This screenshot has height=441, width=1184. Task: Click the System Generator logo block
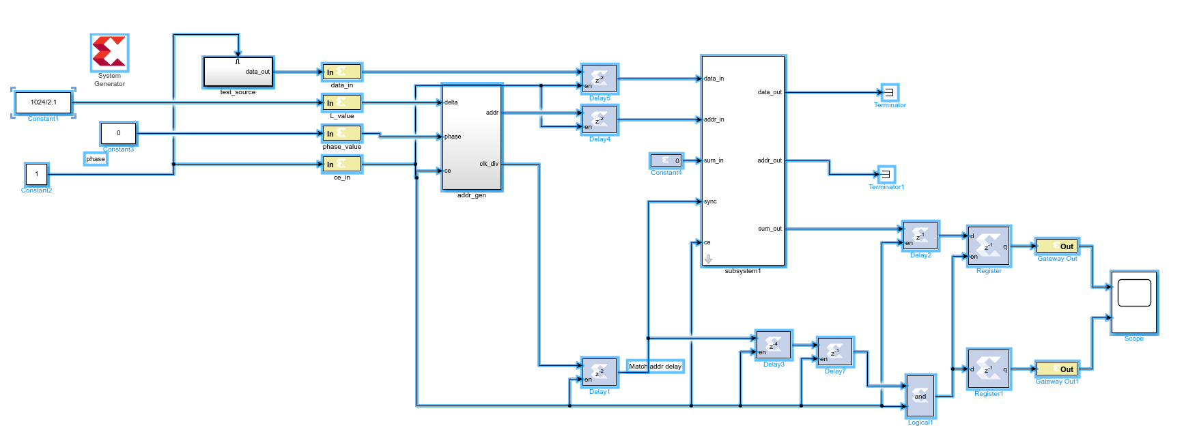[109, 53]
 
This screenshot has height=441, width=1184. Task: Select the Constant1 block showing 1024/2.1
[44, 102]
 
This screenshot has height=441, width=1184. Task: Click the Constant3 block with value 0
[118, 133]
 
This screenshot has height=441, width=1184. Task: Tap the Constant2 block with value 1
[37, 174]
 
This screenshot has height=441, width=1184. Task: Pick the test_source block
[238, 72]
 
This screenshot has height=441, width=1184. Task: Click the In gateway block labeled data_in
[342, 72]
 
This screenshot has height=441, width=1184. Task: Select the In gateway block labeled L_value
[342, 102]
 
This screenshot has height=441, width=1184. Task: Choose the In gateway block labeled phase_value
[342, 133]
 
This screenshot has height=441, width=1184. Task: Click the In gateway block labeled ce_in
[342, 164]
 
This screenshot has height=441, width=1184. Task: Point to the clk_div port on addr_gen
[489, 164]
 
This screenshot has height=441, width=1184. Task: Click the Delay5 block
[600, 79]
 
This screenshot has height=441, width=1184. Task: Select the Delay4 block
[600, 119]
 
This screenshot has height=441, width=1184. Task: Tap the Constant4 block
[666, 160]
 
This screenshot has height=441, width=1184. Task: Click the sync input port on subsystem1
[710, 201]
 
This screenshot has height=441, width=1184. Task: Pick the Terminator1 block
[886, 174]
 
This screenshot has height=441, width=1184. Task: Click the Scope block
[1134, 302]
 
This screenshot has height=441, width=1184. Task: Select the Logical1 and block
[920, 396]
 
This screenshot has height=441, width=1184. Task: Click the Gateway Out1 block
[1057, 369]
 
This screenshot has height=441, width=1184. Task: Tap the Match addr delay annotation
[656, 367]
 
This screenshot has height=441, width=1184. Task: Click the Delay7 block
[835, 352]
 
